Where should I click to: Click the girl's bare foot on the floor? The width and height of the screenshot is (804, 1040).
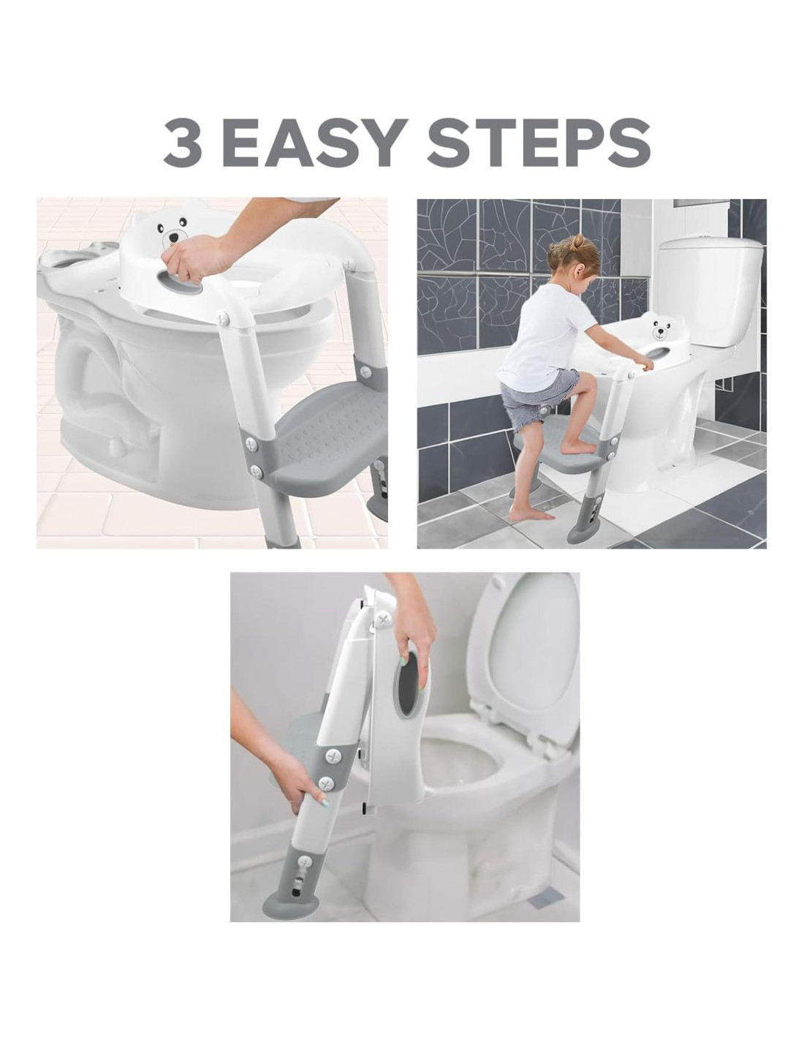pyautogui.click(x=530, y=514)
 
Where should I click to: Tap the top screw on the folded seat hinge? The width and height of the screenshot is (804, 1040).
pyautogui.click(x=382, y=620)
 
